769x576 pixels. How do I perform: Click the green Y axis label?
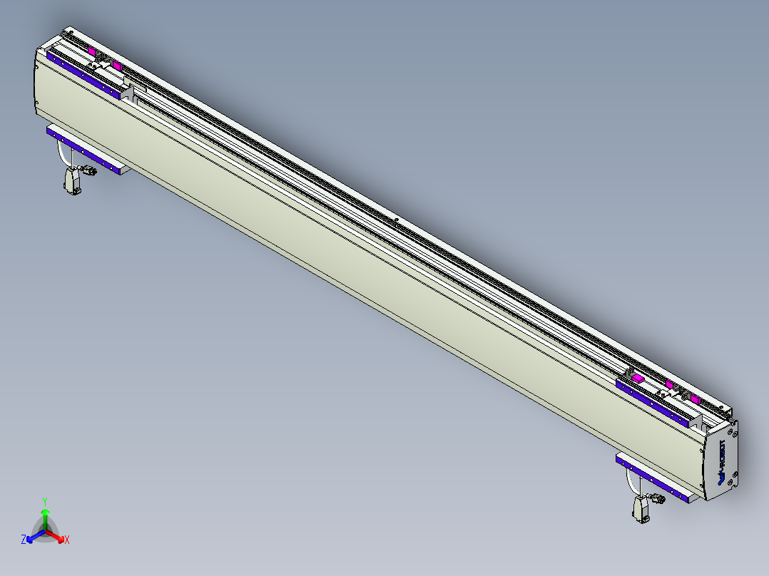pyautogui.click(x=45, y=501)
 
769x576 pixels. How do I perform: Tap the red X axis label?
pyautogui.click(x=67, y=540)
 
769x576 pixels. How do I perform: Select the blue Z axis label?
pyautogui.click(x=24, y=540)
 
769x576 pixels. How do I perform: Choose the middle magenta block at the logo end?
pyautogui.click(x=669, y=384)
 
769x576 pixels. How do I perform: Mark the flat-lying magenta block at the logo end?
pyautogui.click(x=638, y=379)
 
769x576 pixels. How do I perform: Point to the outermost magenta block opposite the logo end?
pyautogui.click(x=93, y=51)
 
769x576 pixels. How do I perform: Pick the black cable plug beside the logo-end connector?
pyautogui.click(x=659, y=498)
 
